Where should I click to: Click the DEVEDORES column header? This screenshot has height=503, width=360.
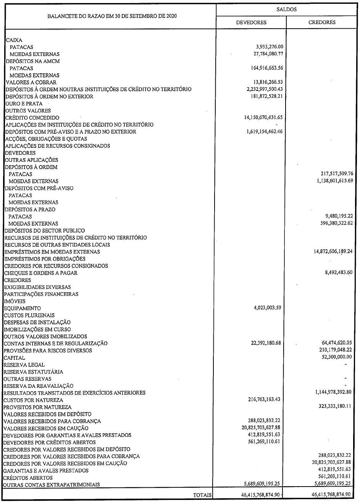[x=251, y=22]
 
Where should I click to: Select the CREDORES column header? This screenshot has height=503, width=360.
[x=322, y=22]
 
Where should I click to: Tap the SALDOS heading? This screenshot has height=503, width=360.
[x=286, y=10]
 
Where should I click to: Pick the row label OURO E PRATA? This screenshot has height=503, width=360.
[x=24, y=104]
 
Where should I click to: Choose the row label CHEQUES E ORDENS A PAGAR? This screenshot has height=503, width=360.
[x=41, y=273]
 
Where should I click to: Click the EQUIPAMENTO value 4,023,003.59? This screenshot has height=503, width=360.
[x=267, y=308]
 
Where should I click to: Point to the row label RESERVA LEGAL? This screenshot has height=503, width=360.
[x=24, y=365]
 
